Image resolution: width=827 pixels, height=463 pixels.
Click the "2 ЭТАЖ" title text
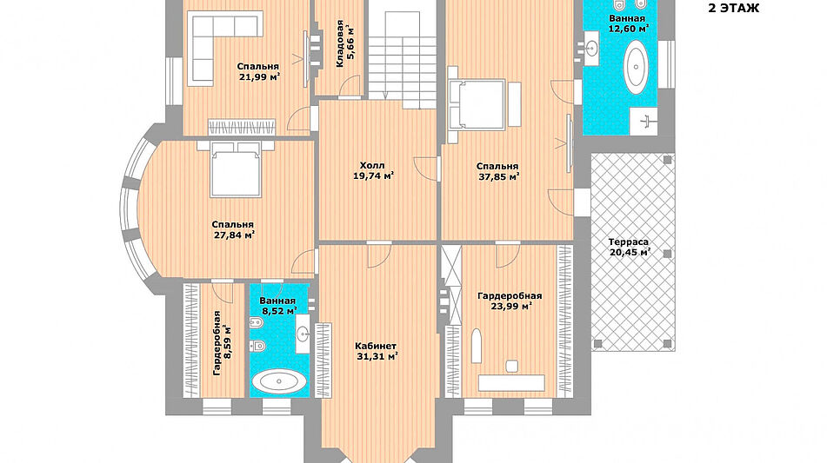click(x=733, y=8)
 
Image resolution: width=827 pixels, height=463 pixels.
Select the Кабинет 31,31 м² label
click(x=376, y=351)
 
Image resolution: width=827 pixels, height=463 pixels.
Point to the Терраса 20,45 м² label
click(x=630, y=247)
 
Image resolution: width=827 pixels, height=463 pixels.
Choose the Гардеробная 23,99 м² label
click(x=510, y=301)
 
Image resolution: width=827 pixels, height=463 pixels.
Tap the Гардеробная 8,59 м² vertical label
click(x=221, y=343)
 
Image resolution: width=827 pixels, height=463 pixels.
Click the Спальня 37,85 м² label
click(x=498, y=172)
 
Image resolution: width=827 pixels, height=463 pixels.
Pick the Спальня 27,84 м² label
click(x=234, y=229)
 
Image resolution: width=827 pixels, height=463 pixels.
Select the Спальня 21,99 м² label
click(x=258, y=71)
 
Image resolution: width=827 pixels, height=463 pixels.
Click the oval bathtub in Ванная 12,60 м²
click(x=636, y=68)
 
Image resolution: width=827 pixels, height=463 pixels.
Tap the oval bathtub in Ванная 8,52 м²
click(x=278, y=380)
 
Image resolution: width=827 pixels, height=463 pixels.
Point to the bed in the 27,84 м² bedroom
click(x=236, y=169)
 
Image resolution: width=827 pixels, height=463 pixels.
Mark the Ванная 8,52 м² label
click(x=277, y=306)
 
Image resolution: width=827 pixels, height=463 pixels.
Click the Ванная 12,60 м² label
click(x=628, y=23)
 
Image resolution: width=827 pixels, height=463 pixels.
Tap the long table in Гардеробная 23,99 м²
click(x=511, y=383)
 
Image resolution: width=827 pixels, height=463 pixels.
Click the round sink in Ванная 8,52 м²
click(x=303, y=333)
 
